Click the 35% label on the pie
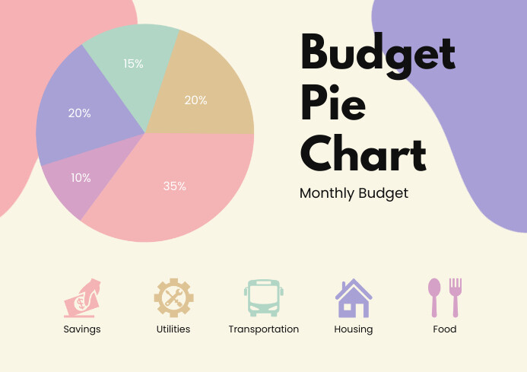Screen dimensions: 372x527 (174, 186)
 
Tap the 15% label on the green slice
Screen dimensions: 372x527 (133, 64)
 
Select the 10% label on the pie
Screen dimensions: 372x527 (81, 177)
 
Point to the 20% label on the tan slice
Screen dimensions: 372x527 (195, 100)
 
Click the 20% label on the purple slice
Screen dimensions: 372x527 (79, 113)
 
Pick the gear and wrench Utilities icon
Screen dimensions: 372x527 (173, 297)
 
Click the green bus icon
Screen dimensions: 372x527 (263, 297)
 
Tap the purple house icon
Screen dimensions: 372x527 (354, 298)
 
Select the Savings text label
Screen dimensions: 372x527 (82, 329)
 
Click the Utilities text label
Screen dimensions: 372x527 (173, 329)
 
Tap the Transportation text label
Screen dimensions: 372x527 (263, 329)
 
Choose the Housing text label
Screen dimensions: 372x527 (354, 329)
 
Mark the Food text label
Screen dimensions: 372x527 (445, 329)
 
